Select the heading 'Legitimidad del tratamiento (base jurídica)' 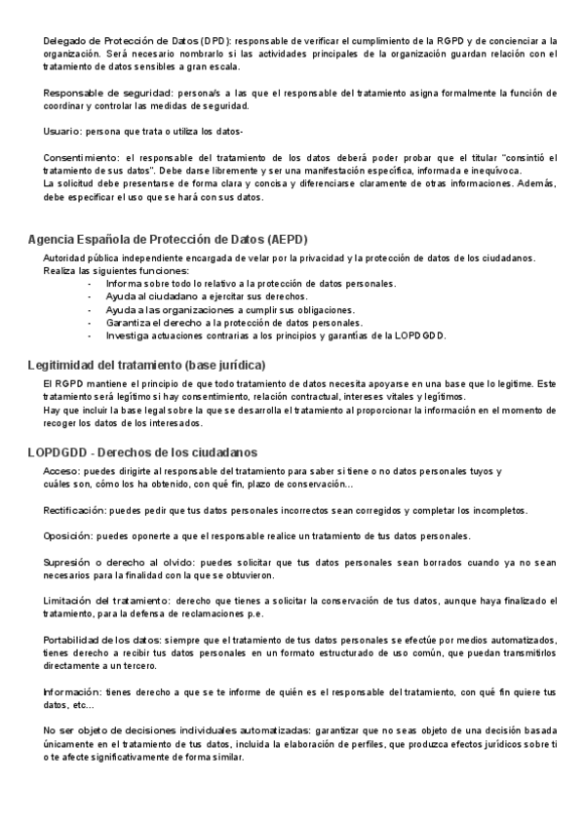pos(146,365)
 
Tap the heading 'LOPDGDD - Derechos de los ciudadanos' pos(142,453)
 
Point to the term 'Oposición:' pos(69,536)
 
